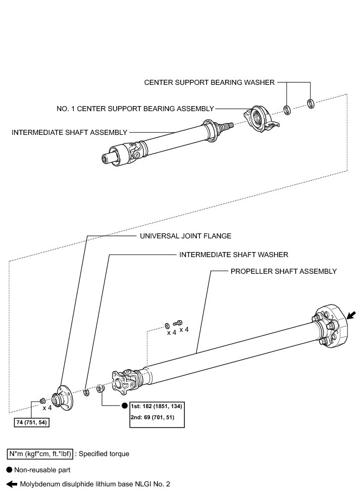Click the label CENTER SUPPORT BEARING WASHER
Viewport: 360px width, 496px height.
coord(209,82)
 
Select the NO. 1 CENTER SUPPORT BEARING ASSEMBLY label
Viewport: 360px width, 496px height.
coord(135,108)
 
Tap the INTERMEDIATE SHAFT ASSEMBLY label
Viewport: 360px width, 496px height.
coord(69,132)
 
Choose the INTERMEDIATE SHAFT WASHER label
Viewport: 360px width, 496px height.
coord(234,255)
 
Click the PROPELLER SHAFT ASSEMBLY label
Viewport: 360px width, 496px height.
coord(283,271)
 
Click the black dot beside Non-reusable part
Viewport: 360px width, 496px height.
coord(9,469)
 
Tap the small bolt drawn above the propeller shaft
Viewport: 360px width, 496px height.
coord(178,322)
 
